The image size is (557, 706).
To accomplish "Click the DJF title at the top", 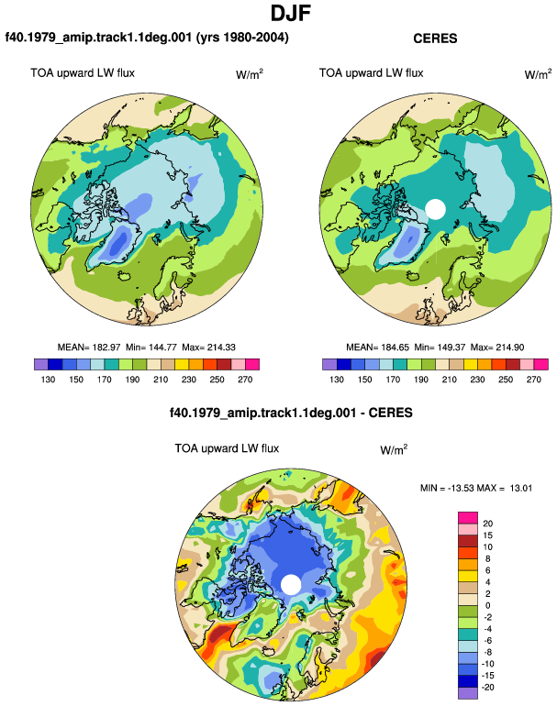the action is pyautogui.click(x=291, y=13).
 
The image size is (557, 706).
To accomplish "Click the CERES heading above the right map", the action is pyautogui.click(x=435, y=39).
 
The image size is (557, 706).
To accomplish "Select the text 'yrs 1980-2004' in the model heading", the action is pyautogui.click(x=242, y=37).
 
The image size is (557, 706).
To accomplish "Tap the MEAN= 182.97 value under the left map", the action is pyautogui.click(x=89, y=347).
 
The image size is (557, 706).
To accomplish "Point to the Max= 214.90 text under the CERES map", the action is pyautogui.click(x=497, y=347).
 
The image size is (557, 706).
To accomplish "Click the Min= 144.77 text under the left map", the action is pyautogui.click(x=151, y=347).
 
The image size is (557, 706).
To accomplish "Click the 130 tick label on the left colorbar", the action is pyautogui.click(x=48, y=380).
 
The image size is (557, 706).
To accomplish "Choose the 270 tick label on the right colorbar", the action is pyautogui.click(x=533, y=380).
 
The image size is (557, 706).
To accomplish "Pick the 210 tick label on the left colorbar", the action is pyautogui.click(x=161, y=380).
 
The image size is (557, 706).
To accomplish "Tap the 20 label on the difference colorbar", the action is pyautogui.click(x=487, y=524).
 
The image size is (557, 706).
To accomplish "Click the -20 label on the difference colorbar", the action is pyautogui.click(x=487, y=688).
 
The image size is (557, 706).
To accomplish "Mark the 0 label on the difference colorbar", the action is pyautogui.click(x=487, y=605).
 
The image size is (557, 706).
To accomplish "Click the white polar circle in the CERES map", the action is pyautogui.click(x=435, y=209).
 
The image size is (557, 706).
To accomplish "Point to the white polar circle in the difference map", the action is pyautogui.click(x=291, y=584).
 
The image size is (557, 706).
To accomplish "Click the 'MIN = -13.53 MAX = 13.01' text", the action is pyautogui.click(x=476, y=488).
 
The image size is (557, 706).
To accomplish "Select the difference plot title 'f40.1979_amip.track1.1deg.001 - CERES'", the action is pyautogui.click(x=291, y=413).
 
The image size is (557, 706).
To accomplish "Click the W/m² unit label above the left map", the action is pyautogui.click(x=250, y=74).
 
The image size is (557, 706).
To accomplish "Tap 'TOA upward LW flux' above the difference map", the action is pyautogui.click(x=227, y=448).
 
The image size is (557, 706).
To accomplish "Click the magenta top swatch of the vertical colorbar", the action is pyautogui.click(x=468, y=518).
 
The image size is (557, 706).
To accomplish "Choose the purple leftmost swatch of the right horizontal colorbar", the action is pyautogui.click(x=329, y=364).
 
